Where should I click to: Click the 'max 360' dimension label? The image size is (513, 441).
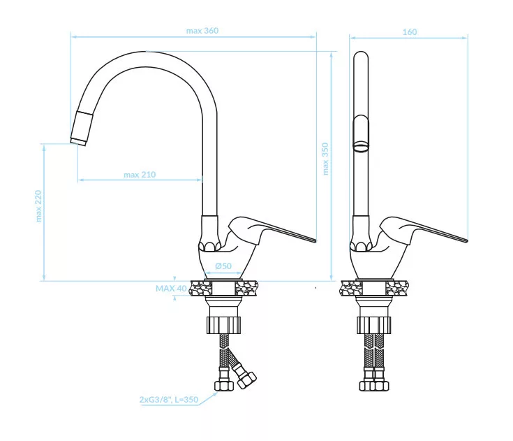[x=202, y=31]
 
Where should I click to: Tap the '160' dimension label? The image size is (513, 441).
[x=410, y=32]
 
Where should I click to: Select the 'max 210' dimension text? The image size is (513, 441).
[x=140, y=175]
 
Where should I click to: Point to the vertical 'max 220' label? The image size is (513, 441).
[x=38, y=206]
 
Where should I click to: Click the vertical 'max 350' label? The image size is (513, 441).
[x=325, y=159]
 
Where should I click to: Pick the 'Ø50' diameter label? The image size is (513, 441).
[x=223, y=266]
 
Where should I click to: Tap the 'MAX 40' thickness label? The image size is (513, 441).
[x=171, y=289]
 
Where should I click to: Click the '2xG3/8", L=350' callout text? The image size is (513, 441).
[x=169, y=400]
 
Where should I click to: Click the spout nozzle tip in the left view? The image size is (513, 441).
[x=78, y=141]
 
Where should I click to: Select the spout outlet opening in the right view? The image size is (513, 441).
[x=361, y=146]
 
